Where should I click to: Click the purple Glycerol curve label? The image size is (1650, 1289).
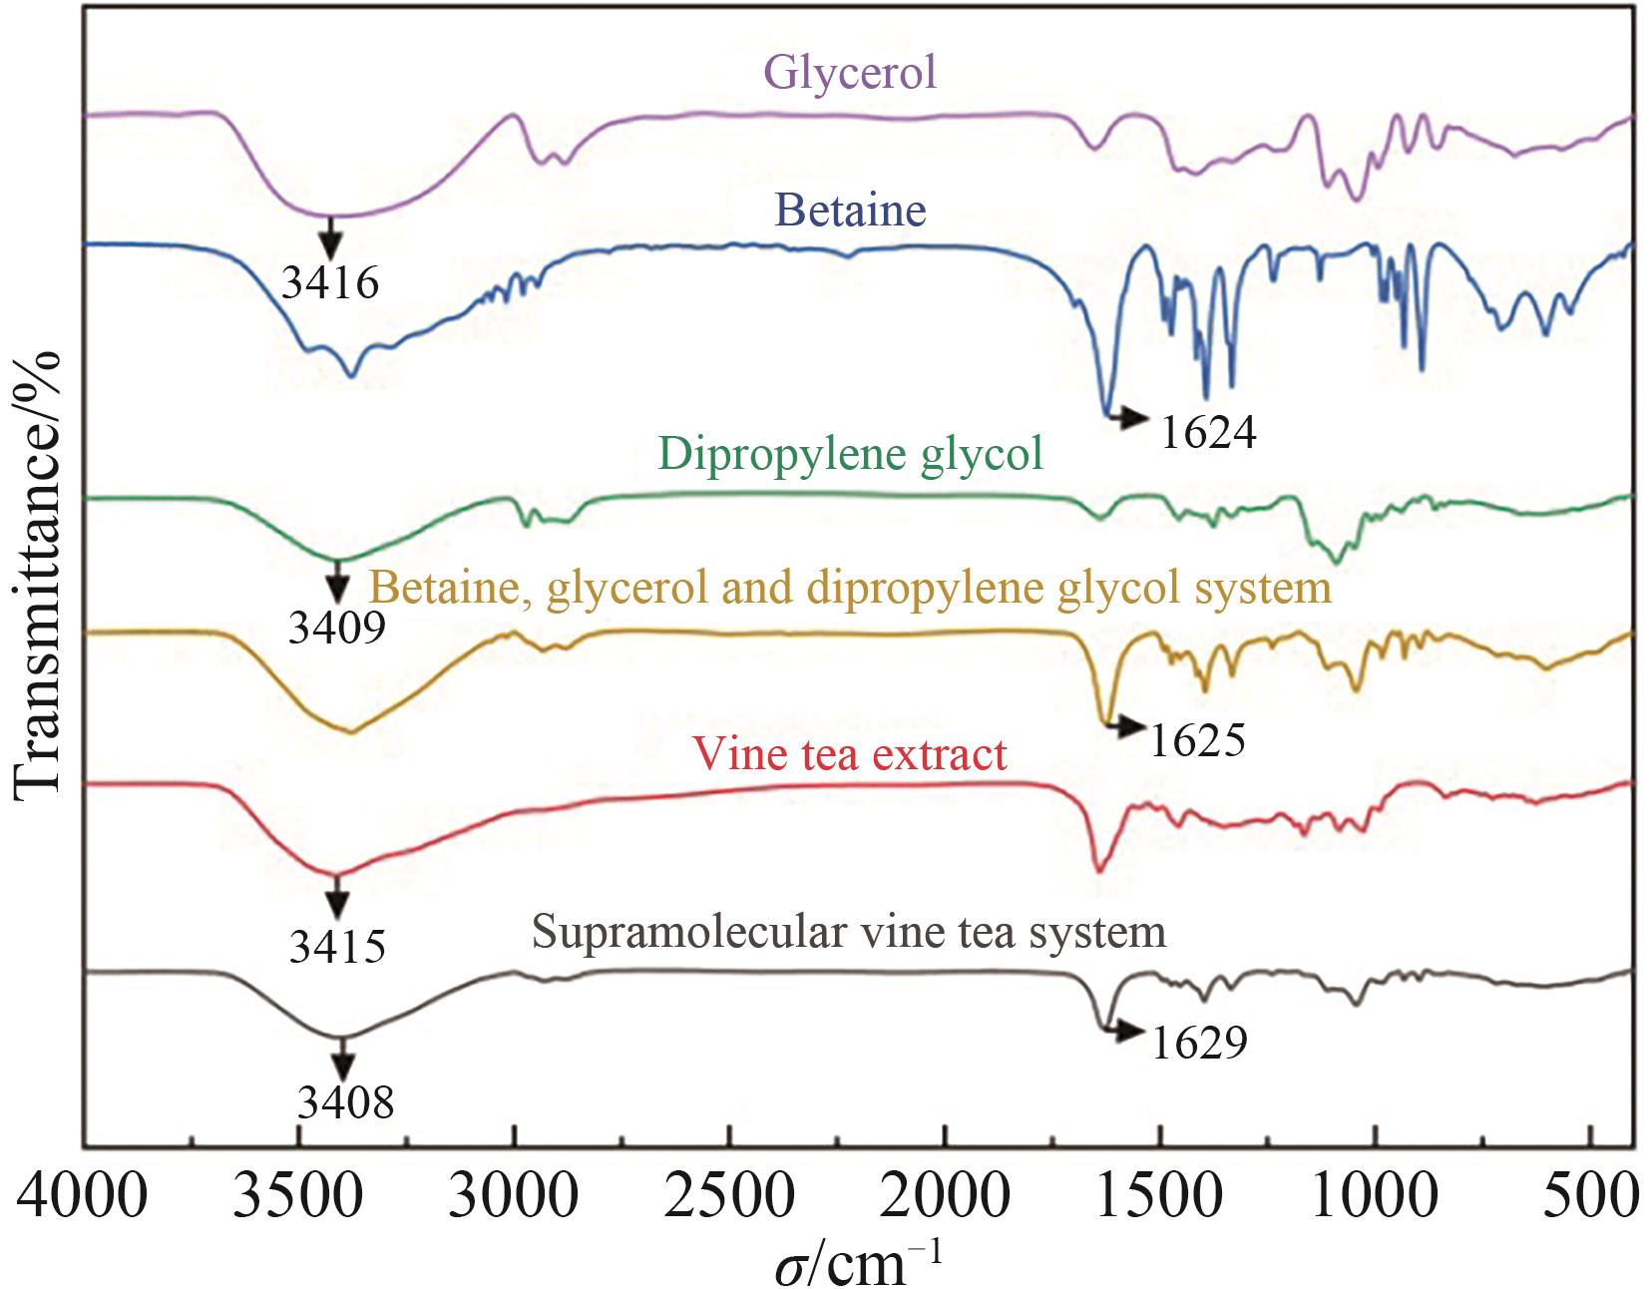click(x=850, y=73)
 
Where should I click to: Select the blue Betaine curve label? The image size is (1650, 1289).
click(x=850, y=211)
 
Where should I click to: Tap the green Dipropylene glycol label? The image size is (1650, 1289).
click(x=850, y=454)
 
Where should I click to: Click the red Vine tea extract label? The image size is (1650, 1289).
click(x=850, y=754)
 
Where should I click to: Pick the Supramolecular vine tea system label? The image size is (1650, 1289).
click(x=849, y=933)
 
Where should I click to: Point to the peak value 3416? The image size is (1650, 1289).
click(x=330, y=283)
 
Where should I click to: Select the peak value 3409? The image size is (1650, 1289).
click(x=337, y=628)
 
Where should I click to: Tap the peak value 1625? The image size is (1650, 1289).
click(x=1197, y=740)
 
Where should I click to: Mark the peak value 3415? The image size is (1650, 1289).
click(x=337, y=946)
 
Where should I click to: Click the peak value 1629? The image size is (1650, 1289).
click(x=1199, y=1044)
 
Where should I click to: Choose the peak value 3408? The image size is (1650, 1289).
click(x=345, y=1102)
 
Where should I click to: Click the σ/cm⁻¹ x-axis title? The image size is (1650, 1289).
click(x=858, y=1263)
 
